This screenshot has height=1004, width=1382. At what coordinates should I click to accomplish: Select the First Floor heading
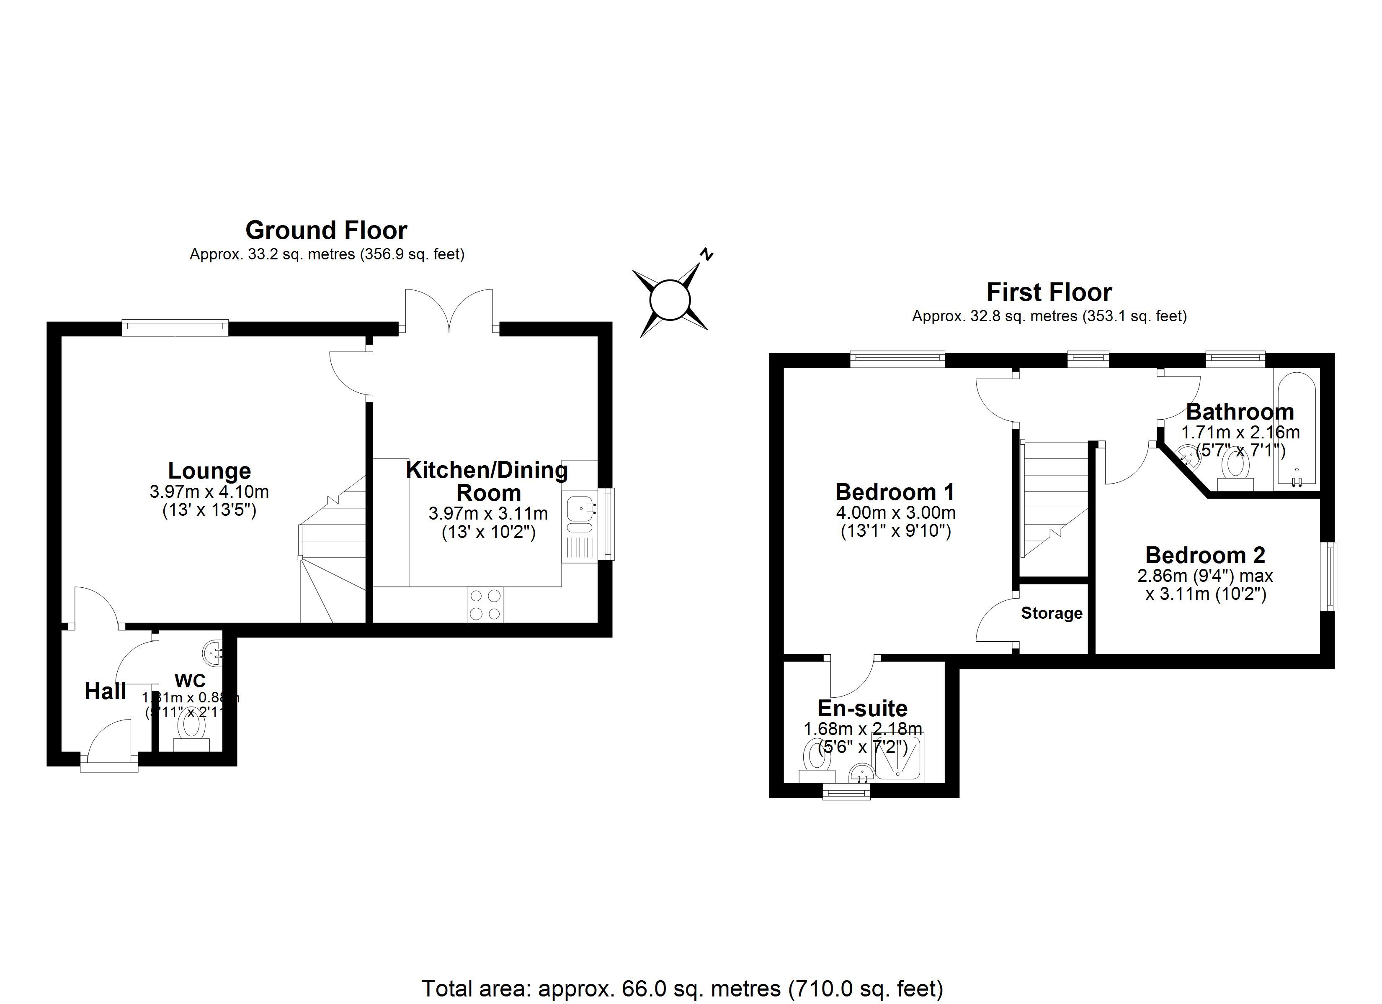1049,293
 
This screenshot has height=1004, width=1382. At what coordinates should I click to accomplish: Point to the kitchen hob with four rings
486,604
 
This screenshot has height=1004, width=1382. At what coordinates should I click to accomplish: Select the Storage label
1052,613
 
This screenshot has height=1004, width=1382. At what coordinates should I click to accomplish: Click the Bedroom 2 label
1205,555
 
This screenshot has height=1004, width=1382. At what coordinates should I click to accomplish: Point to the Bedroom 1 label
895,492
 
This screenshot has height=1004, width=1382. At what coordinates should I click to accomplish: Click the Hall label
106,691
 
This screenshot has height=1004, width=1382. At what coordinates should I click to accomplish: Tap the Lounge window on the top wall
175,328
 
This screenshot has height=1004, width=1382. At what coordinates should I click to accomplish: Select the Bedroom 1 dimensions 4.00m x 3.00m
895,512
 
